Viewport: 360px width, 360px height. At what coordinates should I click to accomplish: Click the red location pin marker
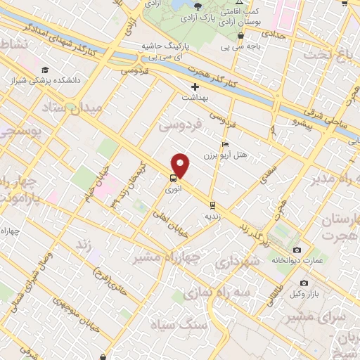[x=181, y=165]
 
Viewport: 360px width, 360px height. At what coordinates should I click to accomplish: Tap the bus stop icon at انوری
[x=173, y=179]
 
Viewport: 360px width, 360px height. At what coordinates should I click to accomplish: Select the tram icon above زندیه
[x=211, y=205]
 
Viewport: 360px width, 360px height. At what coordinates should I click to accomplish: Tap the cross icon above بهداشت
[x=195, y=87]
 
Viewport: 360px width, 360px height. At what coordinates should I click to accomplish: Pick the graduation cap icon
[x=45, y=70]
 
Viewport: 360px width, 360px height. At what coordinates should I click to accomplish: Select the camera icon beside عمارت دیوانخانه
[x=297, y=250]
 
